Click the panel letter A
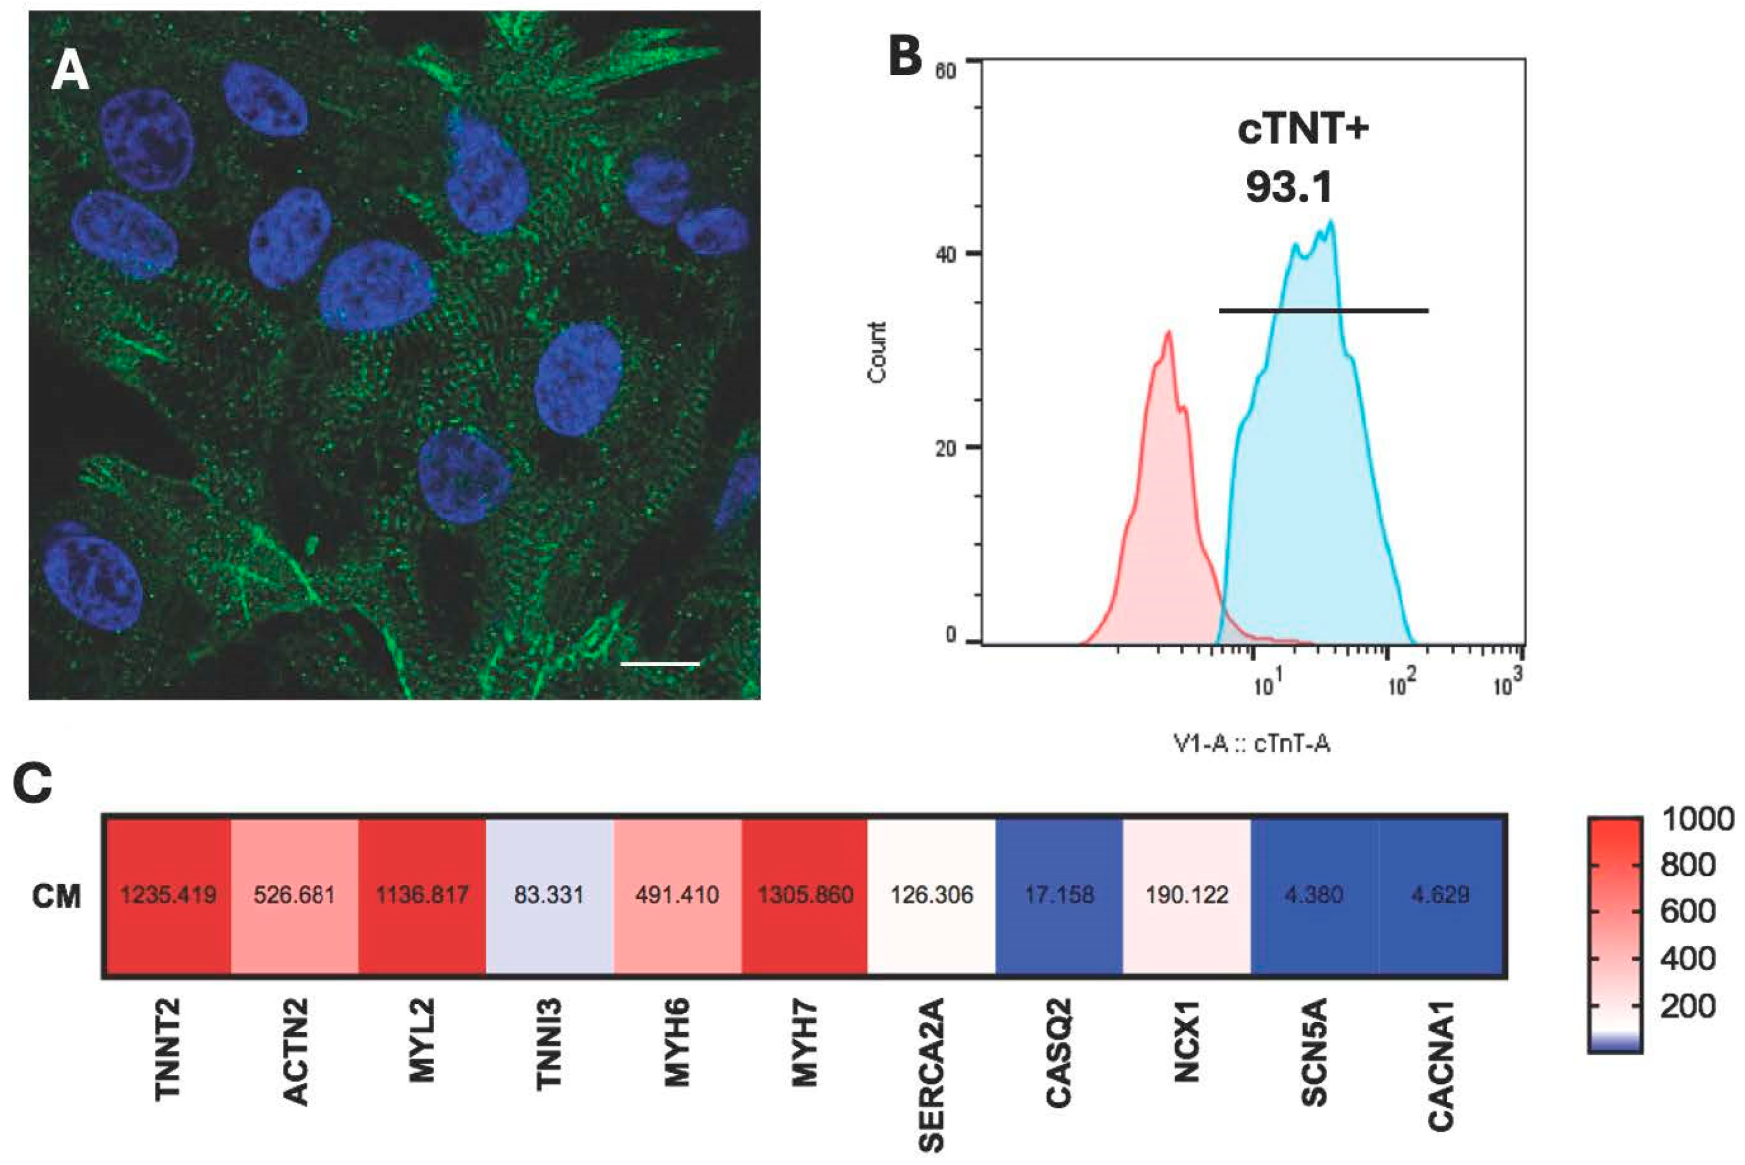[x=70, y=73]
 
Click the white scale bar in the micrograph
[x=660, y=663]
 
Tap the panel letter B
[x=905, y=57]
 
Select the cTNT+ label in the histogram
[x=1303, y=129]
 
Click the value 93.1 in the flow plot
[x=1289, y=186]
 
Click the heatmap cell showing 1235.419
[x=168, y=895]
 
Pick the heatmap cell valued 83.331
[x=549, y=895]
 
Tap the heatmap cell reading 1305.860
[x=805, y=895]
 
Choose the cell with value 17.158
[x=1060, y=895]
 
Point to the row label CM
[x=57, y=896]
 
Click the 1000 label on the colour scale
[x=1697, y=820]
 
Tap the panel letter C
[x=33, y=783]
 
